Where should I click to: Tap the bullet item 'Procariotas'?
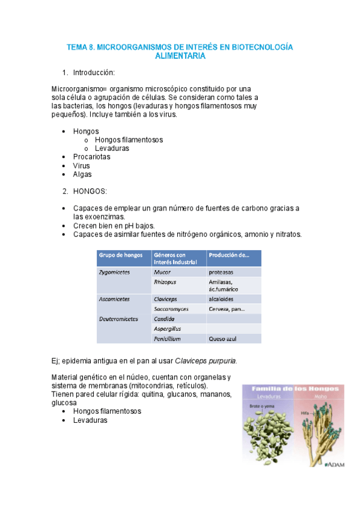[x=91, y=157]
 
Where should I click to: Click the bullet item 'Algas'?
[x=82, y=174]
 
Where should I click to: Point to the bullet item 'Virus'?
[x=82, y=165]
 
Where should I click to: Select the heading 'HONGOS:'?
[x=90, y=191]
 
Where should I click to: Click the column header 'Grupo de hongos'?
[x=121, y=255]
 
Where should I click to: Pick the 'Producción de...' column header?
[x=228, y=255]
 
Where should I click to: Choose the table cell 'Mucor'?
[x=162, y=272]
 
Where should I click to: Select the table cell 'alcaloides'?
[x=222, y=299]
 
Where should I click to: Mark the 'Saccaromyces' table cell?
[x=171, y=309]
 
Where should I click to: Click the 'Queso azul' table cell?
[x=224, y=339]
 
